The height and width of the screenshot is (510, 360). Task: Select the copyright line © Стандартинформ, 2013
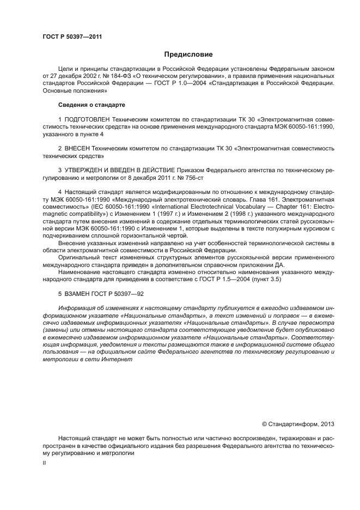click(x=298, y=423)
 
